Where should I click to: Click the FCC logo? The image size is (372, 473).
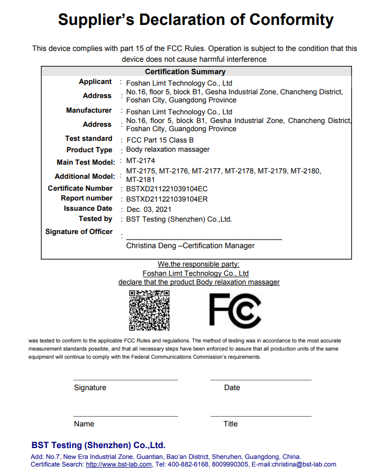(x=235, y=310)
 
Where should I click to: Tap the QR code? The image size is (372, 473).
(x=149, y=310)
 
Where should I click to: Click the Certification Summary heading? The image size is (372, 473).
(x=185, y=72)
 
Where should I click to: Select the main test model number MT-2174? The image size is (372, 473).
(x=141, y=161)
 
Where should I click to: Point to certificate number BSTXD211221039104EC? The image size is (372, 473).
(x=167, y=189)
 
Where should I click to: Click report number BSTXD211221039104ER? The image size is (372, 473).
(x=167, y=199)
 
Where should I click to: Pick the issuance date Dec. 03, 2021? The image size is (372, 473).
(x=149, y=209)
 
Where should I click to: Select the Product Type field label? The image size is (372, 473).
(x=89, y=150)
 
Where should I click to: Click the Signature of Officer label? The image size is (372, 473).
(x=79, y=231)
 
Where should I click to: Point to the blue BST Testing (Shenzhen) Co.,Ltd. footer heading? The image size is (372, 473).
(x=98, y=445)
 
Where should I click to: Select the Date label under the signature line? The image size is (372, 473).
(x=232, y=387)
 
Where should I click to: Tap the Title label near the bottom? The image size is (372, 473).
(x=231, y=424)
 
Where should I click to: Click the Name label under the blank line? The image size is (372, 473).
(x=84, y=424)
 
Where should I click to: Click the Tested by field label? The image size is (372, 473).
(x=95, y=218)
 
